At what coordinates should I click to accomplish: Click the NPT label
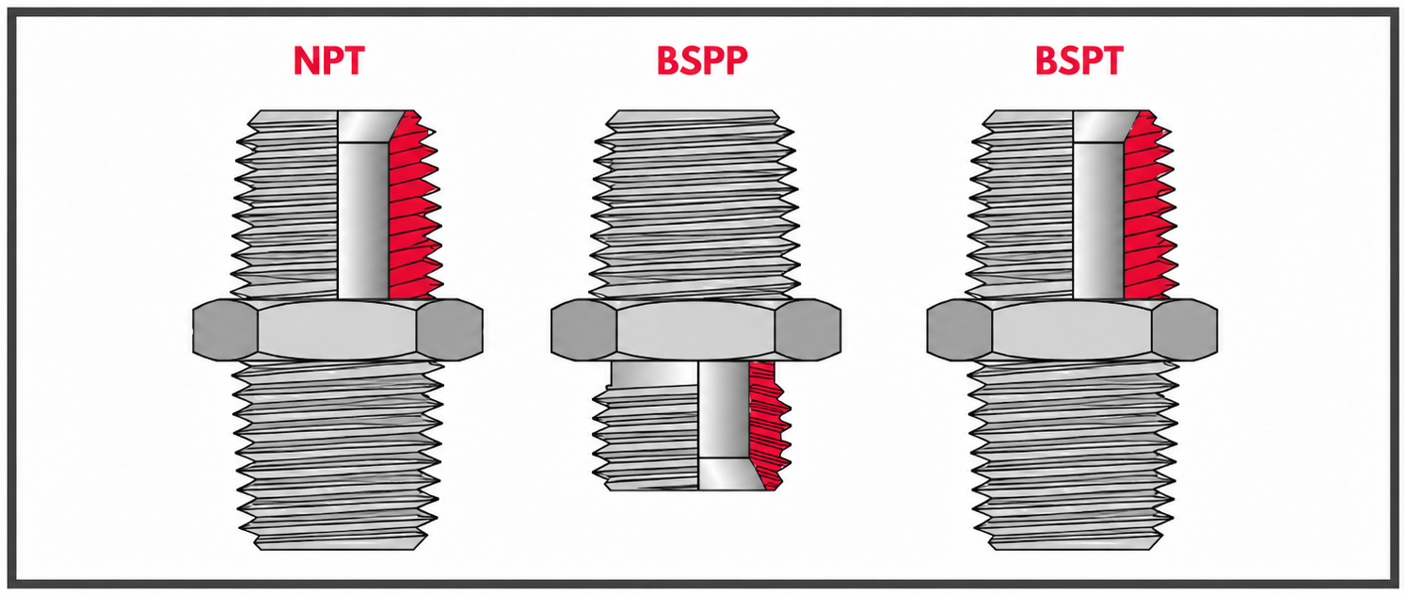pos(328,61)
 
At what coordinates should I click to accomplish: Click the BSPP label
pos(702,61)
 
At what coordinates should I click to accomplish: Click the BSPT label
pos(1079,61)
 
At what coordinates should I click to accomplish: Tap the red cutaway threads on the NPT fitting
pos(411,207)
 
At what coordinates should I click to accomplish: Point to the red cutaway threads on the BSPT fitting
pos(1147,207)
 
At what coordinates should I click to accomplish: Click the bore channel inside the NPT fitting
pos(363,204)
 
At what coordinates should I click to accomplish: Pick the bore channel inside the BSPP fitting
pos(724,426)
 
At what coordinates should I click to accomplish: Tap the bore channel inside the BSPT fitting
pos(1099,204)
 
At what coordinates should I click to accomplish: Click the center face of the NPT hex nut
pos(338,330)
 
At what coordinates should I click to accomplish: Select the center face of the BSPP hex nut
pos(695,330)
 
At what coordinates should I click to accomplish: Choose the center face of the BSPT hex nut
pos(1072,330)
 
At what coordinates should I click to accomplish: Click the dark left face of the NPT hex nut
pos(225,330)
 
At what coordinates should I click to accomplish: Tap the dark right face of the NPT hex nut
pos(450,330)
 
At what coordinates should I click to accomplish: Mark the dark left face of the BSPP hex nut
pos(583,330)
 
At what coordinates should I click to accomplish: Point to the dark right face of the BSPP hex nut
pos(807,330)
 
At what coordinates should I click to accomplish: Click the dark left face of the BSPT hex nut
pos(960,330)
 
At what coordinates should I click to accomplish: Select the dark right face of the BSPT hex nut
pos(1185,330)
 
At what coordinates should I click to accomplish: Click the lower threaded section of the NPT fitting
pos(338,455)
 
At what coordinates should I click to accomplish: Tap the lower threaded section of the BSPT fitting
pos(1072,455)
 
